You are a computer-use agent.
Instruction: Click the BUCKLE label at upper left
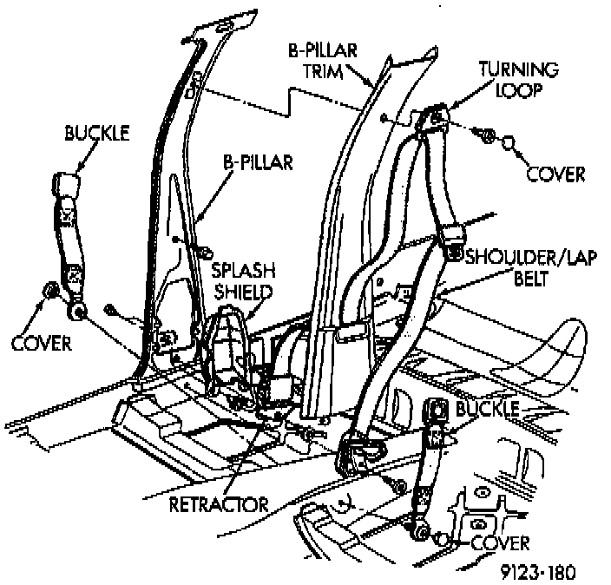[96, 133]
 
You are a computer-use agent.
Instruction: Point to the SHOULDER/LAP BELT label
[531, 266]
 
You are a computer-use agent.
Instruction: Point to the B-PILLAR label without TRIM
[257, 161]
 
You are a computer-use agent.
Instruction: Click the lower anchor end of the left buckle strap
[79, 311]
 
